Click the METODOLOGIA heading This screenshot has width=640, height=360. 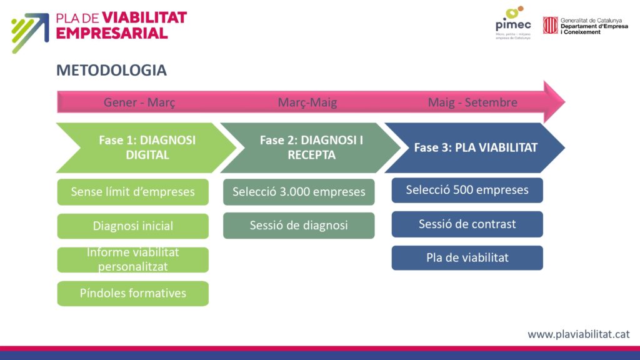tap(111, 71)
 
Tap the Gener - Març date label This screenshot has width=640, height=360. tap(139, 102)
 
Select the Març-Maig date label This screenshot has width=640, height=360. tap(307, 102)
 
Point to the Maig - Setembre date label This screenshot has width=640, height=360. tap(472, 102)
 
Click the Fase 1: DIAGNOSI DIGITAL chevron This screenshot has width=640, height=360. tap(147, 147)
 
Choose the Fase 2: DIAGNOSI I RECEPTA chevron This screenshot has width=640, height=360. tap(311, 147)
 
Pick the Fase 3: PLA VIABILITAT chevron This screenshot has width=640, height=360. tap(476, 148)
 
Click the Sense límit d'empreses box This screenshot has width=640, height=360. tap(132, 192)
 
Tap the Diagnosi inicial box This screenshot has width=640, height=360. tap(132, 226)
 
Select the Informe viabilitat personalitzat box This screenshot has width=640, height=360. tap(132, 259)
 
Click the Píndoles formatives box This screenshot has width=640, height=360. tap(132, 293)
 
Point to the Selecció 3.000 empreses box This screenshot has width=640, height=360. tap(299, 192)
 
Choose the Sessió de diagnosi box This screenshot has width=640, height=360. tap(299, 226)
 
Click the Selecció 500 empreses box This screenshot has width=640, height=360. tap(467, 190)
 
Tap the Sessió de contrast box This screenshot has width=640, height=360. tap(467, 224)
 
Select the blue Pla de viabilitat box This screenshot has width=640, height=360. tap(467, 257)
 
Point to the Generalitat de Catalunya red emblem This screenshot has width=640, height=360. tap(550, 25)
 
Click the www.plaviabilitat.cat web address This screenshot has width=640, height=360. tap(578, 334)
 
